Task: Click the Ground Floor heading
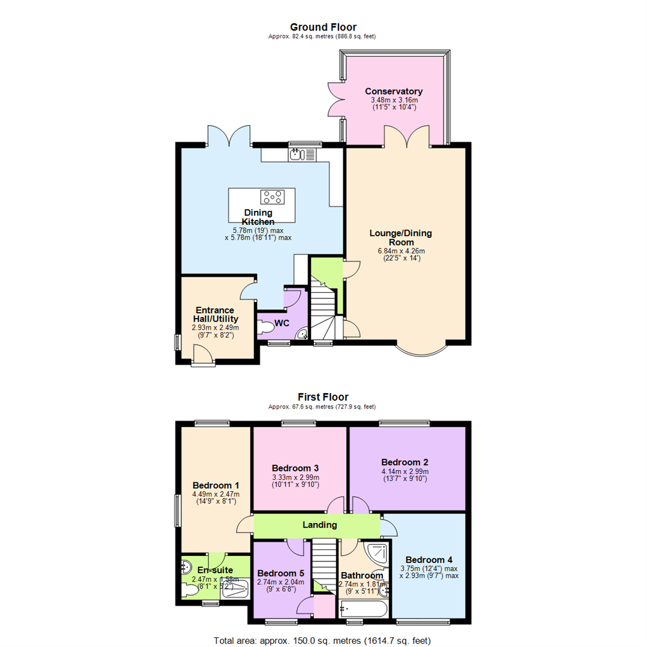coord(323,27)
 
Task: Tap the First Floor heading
coord(323,397)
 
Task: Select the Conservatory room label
coord(394,91)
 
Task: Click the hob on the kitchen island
coord(272,196)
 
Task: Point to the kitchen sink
coord(297,155)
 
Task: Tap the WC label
coord(282,323)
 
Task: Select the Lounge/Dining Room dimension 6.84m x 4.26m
coord(401,251)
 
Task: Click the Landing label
coord(319,525)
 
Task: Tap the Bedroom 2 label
coord(404,462)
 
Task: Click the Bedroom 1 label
coord(216,485)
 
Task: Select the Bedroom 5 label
coord(280,573)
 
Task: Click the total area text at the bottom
coord(323,640)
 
